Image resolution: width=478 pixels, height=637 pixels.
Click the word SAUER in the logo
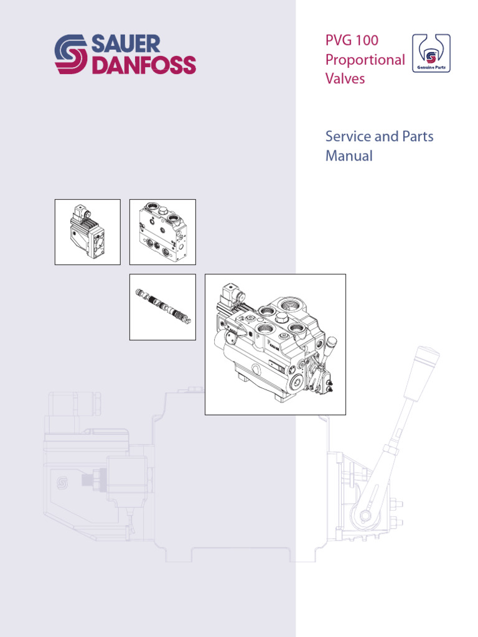(126, 44)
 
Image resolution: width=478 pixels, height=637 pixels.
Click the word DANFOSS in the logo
(144, 65)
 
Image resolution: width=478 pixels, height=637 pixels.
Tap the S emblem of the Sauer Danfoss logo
(71, 54)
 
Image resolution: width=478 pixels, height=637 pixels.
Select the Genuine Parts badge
(431, 53)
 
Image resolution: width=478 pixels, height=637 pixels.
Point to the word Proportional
(365, 60)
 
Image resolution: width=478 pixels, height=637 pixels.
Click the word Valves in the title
(345, 78)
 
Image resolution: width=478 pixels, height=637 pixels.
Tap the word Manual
(349, 156)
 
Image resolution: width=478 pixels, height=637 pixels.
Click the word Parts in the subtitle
(418, 136)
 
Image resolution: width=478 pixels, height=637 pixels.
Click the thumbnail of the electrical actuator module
(88, 232)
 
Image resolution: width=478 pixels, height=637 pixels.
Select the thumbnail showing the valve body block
(162, 232)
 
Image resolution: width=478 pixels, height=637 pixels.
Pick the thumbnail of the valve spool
(162, 307)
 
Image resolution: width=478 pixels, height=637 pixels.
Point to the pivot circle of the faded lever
(365, 516)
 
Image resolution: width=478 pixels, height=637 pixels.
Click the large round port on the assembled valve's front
(296, 381)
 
